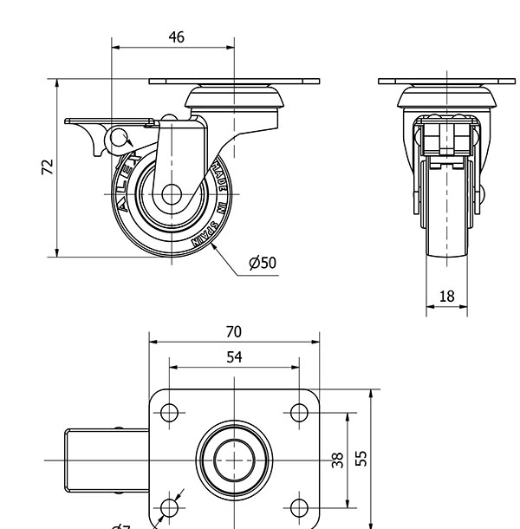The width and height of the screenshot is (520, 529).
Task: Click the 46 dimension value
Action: [176, 37]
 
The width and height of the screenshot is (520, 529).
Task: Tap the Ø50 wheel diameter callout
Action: [262, 263]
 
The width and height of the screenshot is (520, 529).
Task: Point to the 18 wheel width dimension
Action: [446, 297]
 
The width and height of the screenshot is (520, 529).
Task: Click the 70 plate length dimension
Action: [233, 331]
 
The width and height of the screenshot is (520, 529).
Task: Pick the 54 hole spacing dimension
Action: [233, 357]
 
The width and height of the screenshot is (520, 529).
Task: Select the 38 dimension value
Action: [339, 459]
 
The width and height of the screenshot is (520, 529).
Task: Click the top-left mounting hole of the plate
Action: [170, 412]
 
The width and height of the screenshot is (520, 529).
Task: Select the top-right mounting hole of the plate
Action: [298, 412]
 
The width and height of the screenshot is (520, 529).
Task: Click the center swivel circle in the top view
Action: [234, 459]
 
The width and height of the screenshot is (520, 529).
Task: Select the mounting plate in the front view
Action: [447, 82]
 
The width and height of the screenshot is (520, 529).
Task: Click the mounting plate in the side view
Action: [234, 82]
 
